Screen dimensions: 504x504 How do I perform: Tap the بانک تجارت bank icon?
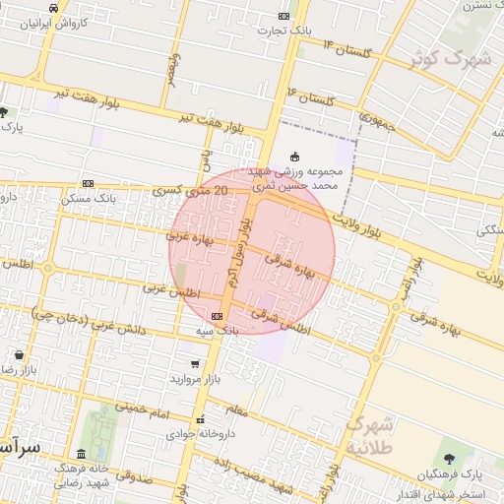tap(284, 16)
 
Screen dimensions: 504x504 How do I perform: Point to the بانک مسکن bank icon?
tap(88, 183)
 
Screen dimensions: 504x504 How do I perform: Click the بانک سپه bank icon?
tap(217, 316)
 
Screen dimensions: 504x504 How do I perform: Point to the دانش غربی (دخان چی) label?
tap(87, 326)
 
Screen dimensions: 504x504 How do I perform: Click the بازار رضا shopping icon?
tap(19, 354)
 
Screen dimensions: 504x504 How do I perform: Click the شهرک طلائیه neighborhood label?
tap(369, 435)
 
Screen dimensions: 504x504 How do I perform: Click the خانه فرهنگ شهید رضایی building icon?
tap(80, 454)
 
